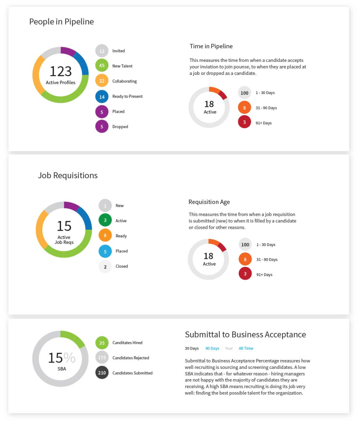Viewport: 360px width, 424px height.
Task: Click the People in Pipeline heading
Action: pos(61,22)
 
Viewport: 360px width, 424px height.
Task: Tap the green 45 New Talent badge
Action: pos(102,66)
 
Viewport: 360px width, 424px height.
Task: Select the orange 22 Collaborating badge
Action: pos(102,81)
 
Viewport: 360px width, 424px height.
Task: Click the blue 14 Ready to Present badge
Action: pos(102,97)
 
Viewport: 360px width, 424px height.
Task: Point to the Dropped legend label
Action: pos(120,127)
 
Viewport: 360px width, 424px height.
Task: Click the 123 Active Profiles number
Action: pos(60,71)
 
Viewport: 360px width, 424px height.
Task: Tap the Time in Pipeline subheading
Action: pos(211,46)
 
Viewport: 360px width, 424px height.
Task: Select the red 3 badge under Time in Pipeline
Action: pos(244,122)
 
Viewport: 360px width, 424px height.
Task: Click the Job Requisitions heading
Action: pos(68,175)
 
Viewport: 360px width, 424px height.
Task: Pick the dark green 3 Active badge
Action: pos(105,221)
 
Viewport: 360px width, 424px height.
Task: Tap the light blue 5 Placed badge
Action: pos(105,251)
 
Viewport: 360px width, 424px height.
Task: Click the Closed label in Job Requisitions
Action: pos(121,267)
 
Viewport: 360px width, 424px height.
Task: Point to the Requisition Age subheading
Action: pos(209,202)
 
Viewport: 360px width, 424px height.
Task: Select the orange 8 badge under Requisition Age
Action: pos(245,259)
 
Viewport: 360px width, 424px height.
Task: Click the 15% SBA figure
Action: pos(61,358)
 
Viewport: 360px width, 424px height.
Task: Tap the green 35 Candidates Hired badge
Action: pos(102,343)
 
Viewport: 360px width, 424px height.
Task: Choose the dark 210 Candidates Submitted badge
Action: pos(102,373)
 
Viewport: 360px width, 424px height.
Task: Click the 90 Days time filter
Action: pos(212,349)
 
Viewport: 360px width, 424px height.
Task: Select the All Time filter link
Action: pos(246,349)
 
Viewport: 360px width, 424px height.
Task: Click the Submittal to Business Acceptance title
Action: pos(245,334)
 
